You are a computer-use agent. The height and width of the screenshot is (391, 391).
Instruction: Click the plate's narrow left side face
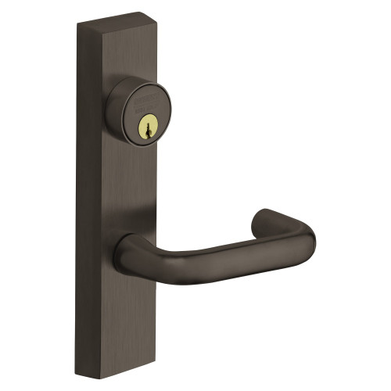click(x=82, y=195)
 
